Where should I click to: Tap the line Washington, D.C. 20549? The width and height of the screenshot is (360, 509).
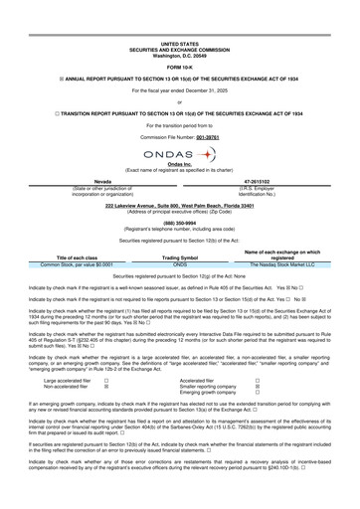pos(179,55)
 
